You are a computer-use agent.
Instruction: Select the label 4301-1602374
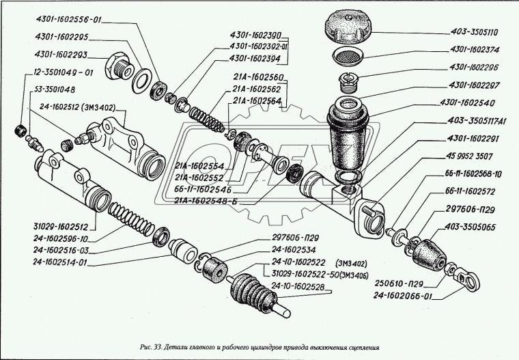[x=475, y=49]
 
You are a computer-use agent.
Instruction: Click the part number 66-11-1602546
[x=203, y=189]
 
